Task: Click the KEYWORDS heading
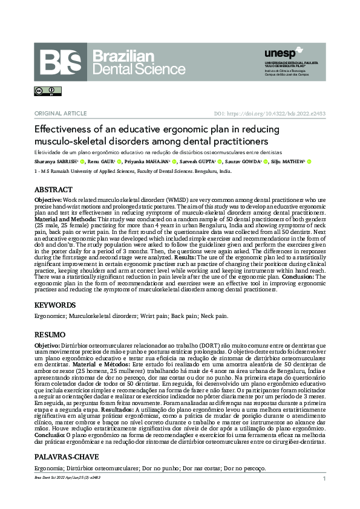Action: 54,305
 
